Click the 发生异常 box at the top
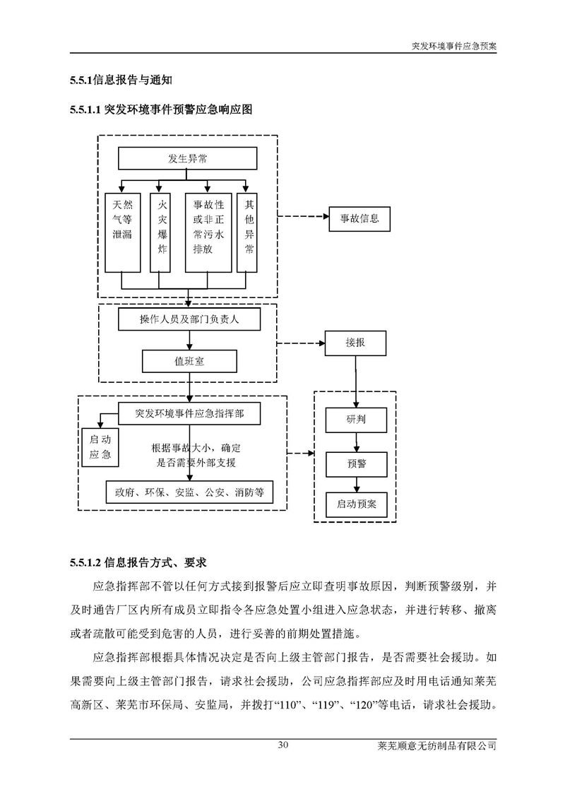[x=187, y=159]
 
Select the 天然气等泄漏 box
[x=122, y=232]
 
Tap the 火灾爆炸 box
[x=162, y=232]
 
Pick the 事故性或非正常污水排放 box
[x=208, y=232]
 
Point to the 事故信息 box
[x=359, y=218]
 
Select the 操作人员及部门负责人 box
[x=190, y=319]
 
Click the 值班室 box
[x=190, y=362]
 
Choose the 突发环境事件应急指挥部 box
[x=189, y=413]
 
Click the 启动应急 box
[x=100, y=447]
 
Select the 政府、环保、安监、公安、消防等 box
[x=189, y=492]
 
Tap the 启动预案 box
[x=356, y=505]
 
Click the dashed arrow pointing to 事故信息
[x=303, y=218]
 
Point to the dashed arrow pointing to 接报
[x=300, y=343]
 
